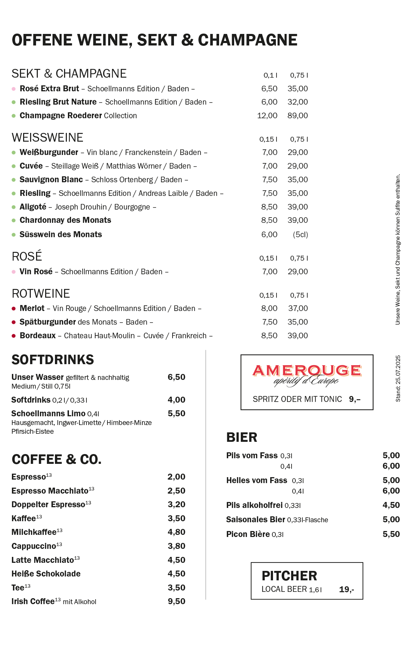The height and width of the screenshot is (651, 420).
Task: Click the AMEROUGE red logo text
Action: pyautogui.click(x=307, y=370)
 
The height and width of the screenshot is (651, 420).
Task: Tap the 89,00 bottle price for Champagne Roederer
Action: pyautogui.click(x=297, y=115)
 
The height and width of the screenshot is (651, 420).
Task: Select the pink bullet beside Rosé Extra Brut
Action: pyautogui.click(x=14, y=89)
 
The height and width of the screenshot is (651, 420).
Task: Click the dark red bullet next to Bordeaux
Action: pyautogui.click(x=14, y=336)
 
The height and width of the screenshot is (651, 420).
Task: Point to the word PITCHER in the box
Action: pyautogui.click(x=289, y=576)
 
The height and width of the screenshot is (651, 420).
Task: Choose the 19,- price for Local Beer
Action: pyautogui.click(x=346, y=589)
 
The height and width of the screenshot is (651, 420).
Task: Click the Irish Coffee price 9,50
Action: pyautogui.click(x=176, y=601)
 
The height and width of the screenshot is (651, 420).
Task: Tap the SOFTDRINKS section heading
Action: pyautogui.click(x=53, y=360)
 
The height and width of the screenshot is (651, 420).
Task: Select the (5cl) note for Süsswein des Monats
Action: pyautogui.click(x=300, y=234)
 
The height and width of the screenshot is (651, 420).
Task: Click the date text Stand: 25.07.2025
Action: pyautogui.click(x=398, y=378)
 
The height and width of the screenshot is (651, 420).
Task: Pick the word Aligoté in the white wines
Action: pyautogui.click(x=33, y=207)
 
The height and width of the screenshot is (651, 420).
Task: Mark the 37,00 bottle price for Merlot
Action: pyautogui.click(x=297, y=308)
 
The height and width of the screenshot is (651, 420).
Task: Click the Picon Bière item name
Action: pyautogui.click(x=248, y=534)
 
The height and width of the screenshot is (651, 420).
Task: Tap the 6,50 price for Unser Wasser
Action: pyautogui.click(x=176, y=377)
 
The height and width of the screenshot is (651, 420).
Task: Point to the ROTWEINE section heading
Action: pyautogui.click(x=41, y=293)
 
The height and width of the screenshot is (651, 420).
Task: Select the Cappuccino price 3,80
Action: pyautogui.click(x=176, y=546)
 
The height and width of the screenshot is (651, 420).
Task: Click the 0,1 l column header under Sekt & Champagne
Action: pyautogui.click(x=270, y=75)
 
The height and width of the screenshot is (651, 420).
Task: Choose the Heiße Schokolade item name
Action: pyautogui.click(x=46, y=574)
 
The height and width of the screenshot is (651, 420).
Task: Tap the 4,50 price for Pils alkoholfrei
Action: pyautogui.click(x=391, y=505)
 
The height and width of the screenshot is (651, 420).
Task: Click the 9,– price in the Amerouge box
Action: pyautogui.click(x=355, y=399)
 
